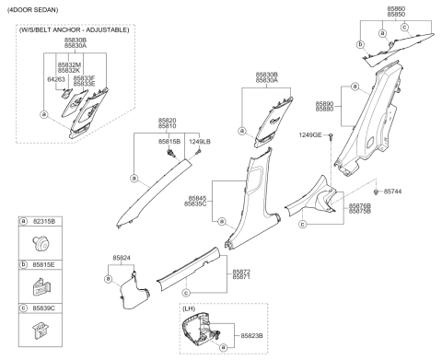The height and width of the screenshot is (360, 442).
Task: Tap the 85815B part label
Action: click(169, 141)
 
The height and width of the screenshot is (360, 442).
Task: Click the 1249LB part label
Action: click(201, 141)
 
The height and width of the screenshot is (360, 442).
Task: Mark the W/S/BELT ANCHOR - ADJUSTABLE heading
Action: click(74, 30)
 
